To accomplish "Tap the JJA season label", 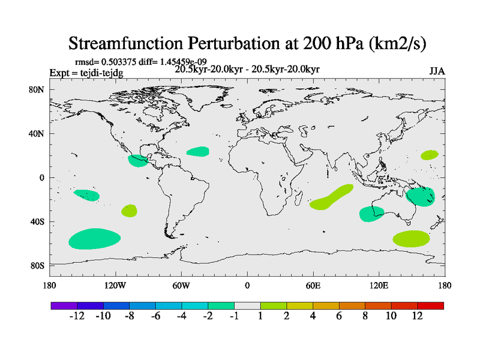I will (x=437, y=71).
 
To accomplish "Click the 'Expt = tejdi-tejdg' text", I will (x=86, y=73).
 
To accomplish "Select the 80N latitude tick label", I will (x=38, y=89).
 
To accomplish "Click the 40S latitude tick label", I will (x=38, y=221).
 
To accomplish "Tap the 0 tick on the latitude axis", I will (x=43, y=178).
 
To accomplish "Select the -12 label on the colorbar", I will (x=77, y=316).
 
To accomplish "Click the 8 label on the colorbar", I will (x=365, y=316).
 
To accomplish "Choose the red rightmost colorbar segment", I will (x=431, y=305).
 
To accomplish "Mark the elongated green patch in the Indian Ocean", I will (x=331, y=197).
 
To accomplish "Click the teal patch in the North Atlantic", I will (x=197, y=152).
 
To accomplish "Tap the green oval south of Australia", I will (x=412, y=238).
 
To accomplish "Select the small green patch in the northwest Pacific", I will (x=429, y=155).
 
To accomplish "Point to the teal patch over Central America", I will (x=137, y=161).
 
